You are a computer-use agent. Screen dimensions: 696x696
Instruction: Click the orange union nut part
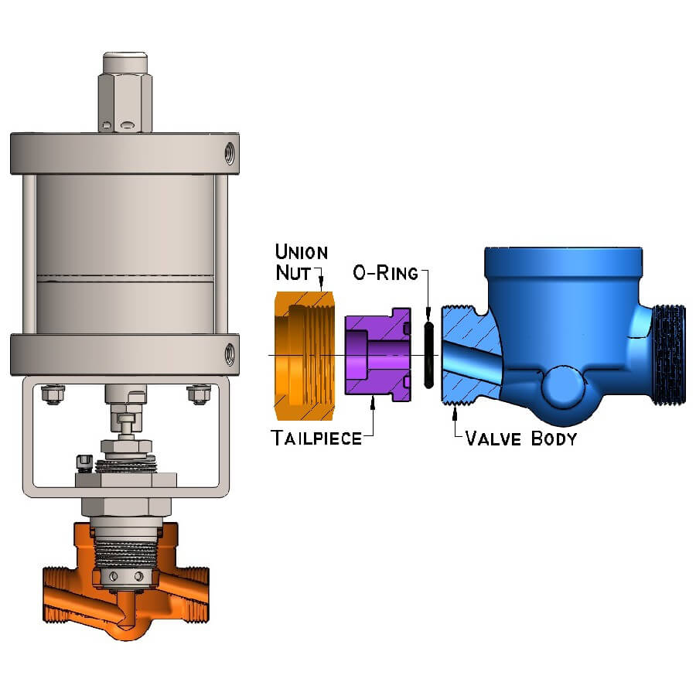click(304, 356)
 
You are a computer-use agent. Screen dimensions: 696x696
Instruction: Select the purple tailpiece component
click(377, 355)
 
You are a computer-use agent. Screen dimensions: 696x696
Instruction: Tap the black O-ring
click(428, 355)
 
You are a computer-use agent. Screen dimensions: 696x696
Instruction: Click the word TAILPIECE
click(316, 438)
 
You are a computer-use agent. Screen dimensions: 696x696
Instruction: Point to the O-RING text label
click(385, 272)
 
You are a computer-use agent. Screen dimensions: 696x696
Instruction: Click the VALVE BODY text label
click(521, 438)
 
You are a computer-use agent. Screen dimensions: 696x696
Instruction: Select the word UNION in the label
click(302, 251)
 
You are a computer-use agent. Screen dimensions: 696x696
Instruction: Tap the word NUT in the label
click(293, 272)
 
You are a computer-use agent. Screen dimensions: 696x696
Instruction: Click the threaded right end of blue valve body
click(669, 355)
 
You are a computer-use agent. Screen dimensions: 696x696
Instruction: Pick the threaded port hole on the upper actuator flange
click(230, 152)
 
